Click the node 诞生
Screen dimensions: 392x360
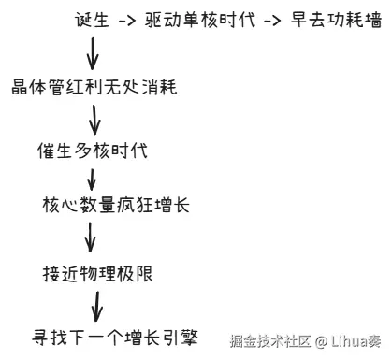pos(92,20)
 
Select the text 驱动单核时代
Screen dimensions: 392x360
pos(200,20)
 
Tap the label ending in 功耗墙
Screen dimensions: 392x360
pos(336,20)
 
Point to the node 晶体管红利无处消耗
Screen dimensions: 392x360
pos(94,87)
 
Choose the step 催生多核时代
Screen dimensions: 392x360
pos(93,151)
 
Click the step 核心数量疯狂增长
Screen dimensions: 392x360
pos(116,205)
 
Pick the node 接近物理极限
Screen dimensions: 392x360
pos(97,274)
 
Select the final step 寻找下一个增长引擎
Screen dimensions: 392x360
pos(115,338)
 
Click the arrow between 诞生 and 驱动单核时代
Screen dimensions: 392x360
pos(127,21)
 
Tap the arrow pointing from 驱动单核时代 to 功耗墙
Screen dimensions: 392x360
pos(272,21)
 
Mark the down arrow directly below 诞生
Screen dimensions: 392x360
pos(93,53)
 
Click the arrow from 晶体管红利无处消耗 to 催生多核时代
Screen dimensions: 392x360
pos(94,120)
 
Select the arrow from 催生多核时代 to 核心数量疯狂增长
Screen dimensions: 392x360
pos(92,180)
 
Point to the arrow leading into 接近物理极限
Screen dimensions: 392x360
pos(90,237)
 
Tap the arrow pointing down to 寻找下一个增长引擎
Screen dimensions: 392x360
pos(96,307)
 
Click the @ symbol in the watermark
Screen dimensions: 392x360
pos(321,342)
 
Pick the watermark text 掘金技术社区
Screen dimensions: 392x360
pos(270,341)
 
